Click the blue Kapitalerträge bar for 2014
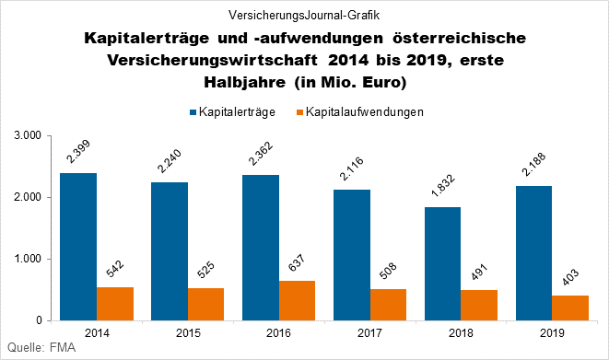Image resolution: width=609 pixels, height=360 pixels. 78,247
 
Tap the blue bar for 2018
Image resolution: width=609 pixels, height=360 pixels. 443,263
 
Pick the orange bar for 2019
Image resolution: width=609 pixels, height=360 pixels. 570,308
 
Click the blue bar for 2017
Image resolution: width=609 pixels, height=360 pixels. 352,255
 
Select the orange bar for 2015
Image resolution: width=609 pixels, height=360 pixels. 205,304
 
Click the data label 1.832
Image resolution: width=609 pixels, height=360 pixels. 443,190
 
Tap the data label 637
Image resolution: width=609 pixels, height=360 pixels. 297,265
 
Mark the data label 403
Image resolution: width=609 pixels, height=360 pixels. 570,280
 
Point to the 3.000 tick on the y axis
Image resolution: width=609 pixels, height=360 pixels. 30,135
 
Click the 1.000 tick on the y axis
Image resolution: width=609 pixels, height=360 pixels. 30,259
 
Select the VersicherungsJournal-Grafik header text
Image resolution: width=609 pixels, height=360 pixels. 304,15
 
